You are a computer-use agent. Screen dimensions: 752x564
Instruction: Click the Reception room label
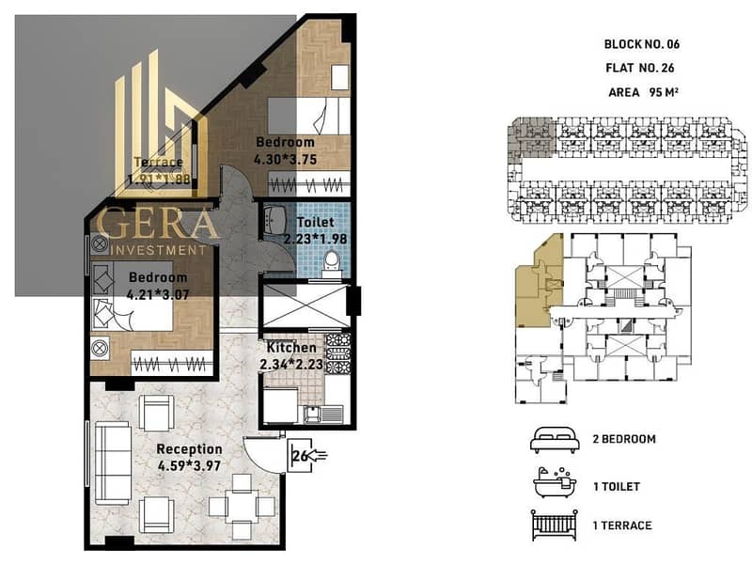190,449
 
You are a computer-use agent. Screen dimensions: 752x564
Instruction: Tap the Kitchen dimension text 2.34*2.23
291,365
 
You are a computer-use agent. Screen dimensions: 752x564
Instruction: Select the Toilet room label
316,222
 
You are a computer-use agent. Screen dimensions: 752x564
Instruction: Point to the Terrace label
158,162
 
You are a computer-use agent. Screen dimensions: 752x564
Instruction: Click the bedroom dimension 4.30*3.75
286,159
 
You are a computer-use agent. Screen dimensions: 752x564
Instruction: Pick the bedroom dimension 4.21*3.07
158,294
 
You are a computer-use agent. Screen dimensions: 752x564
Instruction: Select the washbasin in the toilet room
274,219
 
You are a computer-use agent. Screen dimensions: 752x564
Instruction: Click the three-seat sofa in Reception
113,462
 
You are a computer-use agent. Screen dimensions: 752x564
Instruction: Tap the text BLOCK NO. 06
642,44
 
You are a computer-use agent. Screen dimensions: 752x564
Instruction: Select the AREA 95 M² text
643,92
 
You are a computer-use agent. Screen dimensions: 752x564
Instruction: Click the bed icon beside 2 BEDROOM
555,440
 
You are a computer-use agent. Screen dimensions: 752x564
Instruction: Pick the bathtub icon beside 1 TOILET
555,484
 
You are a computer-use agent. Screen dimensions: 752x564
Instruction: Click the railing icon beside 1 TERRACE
555,525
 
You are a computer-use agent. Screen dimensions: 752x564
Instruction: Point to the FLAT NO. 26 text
640,68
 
